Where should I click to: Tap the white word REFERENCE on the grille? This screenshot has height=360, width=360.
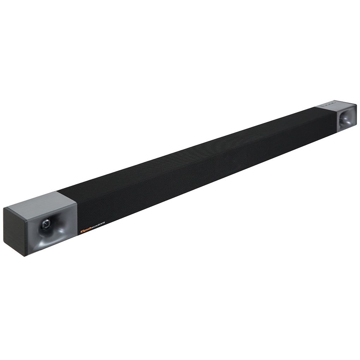click(x=99, y=225)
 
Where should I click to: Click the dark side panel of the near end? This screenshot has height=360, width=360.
click(x=14, y=231)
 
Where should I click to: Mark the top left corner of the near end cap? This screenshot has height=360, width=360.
click(x=4, y=208)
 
